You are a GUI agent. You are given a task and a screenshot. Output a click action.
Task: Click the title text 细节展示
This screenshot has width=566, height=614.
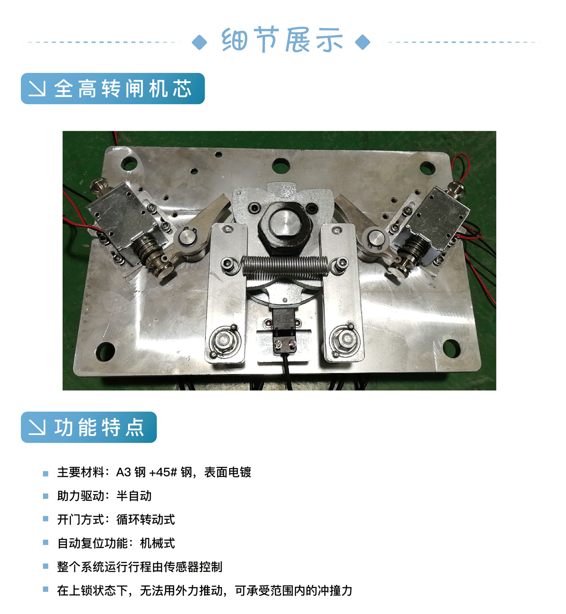click(282, 40)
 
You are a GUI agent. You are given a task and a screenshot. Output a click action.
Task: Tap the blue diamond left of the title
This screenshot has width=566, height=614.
click(199, 42)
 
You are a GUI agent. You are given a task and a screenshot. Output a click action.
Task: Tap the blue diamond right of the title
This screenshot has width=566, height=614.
click(363, 42)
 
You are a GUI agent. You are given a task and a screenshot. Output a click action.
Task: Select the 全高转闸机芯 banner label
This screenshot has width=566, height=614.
click(113, 88)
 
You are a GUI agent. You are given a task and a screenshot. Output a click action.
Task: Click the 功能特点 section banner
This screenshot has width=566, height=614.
click(89, 427)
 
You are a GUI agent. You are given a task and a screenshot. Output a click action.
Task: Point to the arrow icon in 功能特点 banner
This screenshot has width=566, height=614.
click(37, 427)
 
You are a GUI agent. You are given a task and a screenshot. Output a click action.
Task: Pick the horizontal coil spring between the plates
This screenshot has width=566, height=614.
click(284, 265)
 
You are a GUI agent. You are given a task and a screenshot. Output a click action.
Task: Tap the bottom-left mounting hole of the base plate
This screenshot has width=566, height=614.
click(105, 352)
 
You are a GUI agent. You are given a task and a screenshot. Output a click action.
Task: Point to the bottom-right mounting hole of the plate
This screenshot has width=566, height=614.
click(451, 348)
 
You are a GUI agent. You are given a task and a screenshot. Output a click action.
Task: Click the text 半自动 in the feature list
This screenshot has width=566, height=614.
click(134, 496)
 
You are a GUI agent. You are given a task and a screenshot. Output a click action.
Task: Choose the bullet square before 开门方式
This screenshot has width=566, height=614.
click(45, 519)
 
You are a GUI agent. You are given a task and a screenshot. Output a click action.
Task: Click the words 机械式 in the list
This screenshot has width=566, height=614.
click(157, 543)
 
